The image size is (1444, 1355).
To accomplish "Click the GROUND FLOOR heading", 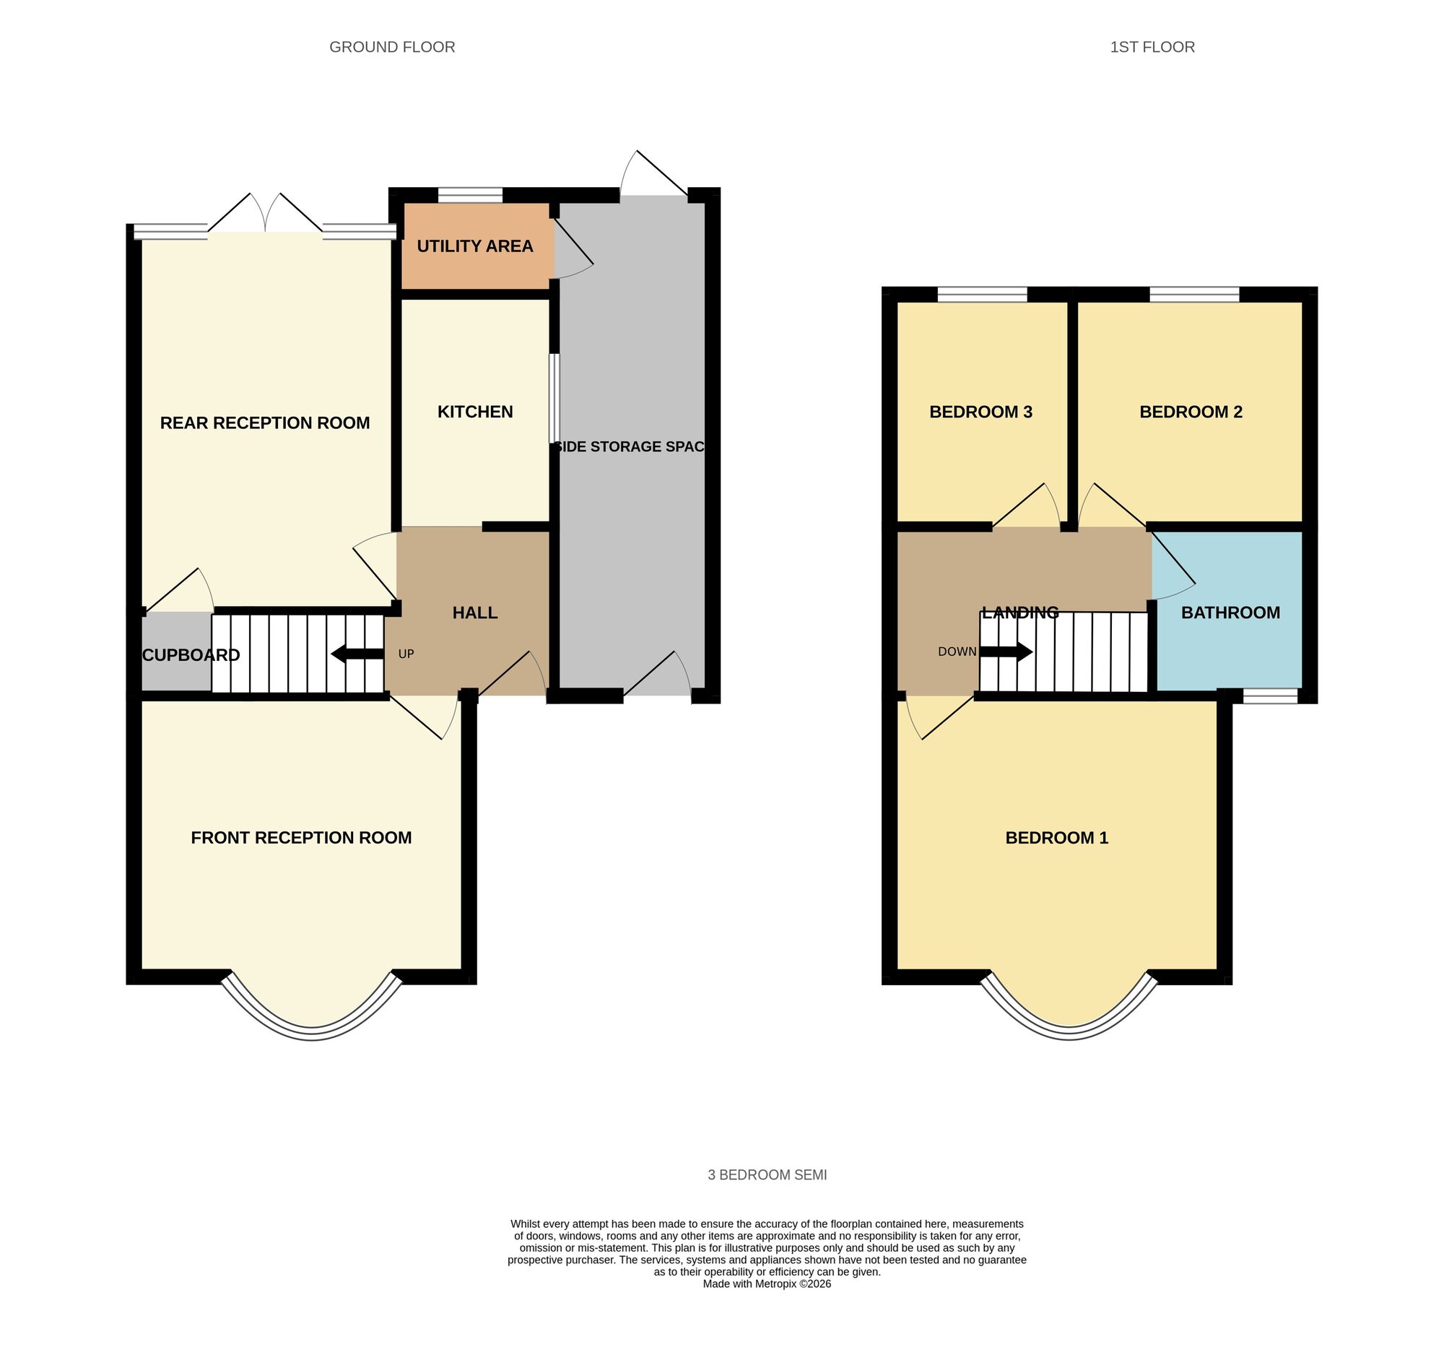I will pyautogui.click(x=392, y=47).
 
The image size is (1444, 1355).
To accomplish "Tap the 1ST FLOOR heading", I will pyautogui.click(x=1152, y=47).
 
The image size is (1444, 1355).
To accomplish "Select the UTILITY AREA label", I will pyautogui.click(x=475, y=246).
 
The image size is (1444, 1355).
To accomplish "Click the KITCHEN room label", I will pyautogui.click(x=475, y=412).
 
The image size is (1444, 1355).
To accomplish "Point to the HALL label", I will pyautogui.click(x=475, y=612).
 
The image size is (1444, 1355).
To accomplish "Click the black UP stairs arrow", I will pyautogui.click(x=357, y=654).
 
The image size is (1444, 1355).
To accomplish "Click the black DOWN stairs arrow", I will pyautogui.click(x=1006, y=651).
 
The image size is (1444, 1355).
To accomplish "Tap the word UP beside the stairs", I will pyautogui.click(x=406, y=654).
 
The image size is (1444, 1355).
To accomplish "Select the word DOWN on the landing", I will pyautogui.click(x=957, y=651).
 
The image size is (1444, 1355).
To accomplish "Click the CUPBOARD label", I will pyautogui.click(x=191, y=655).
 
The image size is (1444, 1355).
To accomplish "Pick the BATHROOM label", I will pyautogui.click(x=1230, y=612).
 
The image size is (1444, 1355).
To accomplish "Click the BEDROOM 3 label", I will pyautogui.click(x=980, y=412).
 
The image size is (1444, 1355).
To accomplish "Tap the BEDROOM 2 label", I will pyautogui.click(x=1191, y=412).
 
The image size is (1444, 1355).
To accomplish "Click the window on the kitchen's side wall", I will pyautogui.click(x=554, y=398).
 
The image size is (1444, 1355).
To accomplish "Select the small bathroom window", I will pyautogui.click(x=1270, y=696).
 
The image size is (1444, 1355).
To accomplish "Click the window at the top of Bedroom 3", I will pyautogui.click(x=982, y=294).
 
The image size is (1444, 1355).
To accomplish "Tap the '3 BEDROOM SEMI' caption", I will pyautogui.click(x=767, y=1175).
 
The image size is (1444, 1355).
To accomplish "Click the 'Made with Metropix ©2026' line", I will pyautogui.click(x=766, y=1304).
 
